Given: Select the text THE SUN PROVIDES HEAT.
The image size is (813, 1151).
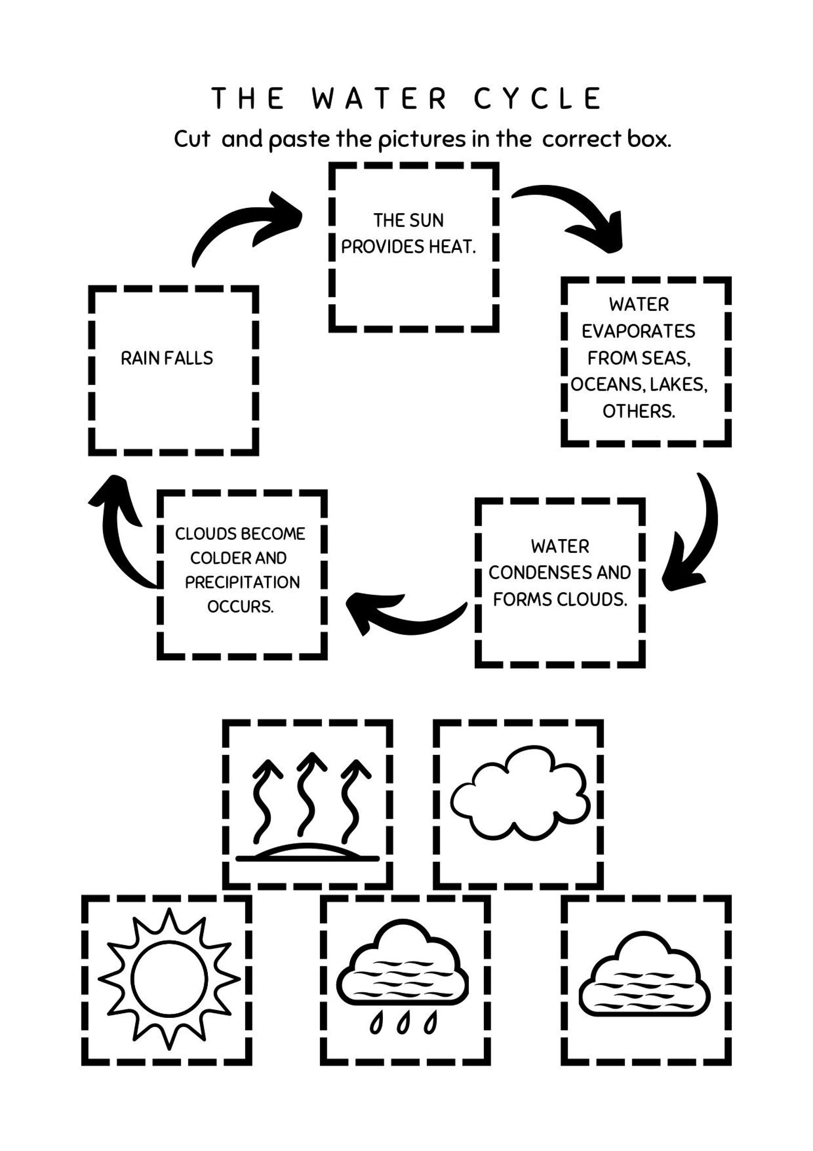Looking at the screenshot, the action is click(408, 233).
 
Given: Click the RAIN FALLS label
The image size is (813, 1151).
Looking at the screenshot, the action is click(167, 358).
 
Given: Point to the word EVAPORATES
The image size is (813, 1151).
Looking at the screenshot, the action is click(638, 331).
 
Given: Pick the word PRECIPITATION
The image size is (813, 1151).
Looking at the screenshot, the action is click(242, 582).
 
